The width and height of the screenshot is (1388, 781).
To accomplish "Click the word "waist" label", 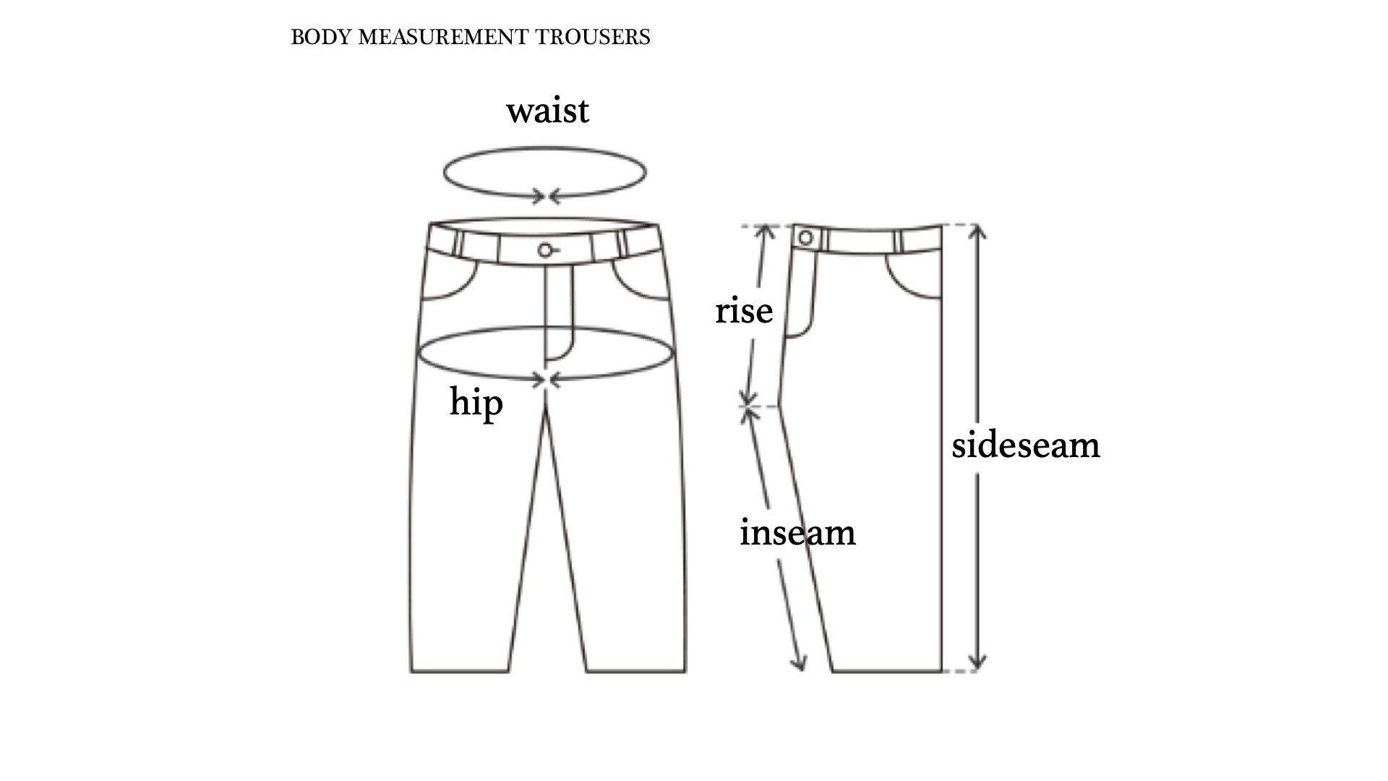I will (547, 111).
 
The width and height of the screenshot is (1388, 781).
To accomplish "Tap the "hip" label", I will (476, 403).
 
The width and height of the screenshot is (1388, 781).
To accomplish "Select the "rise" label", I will (744, 311).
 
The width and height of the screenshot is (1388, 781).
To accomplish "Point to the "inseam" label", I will (797, 533).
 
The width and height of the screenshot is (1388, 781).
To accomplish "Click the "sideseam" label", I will (1025, 445).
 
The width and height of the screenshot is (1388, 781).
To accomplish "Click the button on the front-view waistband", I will (545, 250).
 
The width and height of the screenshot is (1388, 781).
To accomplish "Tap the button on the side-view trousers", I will (805, 238).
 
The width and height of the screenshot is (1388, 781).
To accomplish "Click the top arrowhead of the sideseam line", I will (977, 231).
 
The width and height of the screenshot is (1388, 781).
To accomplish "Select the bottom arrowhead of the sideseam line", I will (977, 662).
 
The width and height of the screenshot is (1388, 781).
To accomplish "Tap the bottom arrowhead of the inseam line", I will (799, 663).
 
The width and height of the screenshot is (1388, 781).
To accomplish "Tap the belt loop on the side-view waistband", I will (899, 242).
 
